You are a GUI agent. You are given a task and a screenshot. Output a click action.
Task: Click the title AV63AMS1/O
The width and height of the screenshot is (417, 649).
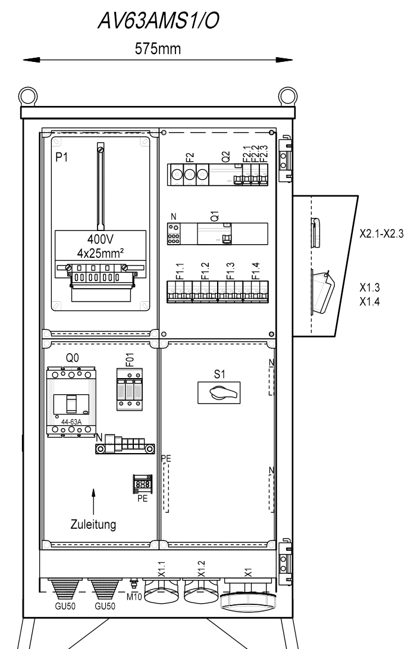pos(158,21)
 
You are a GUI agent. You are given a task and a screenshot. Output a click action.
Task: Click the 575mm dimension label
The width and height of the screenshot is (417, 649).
pos(158,49)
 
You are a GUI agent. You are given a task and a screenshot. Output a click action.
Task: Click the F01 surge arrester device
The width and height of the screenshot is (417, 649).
pos(130,389)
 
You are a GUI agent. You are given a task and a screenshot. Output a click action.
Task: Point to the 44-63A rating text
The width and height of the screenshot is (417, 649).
pos(71,422)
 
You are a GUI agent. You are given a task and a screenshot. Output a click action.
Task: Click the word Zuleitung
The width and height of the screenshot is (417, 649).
pos(93,525)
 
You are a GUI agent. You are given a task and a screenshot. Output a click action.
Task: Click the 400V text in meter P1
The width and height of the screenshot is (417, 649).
pos(100,239)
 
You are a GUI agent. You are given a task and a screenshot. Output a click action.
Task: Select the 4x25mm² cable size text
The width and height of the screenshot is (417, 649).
pos(101,253)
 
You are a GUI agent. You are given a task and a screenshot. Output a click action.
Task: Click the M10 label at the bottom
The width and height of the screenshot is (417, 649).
pos(134,597)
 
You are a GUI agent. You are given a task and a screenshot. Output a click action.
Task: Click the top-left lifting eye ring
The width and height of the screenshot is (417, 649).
pos(28,96)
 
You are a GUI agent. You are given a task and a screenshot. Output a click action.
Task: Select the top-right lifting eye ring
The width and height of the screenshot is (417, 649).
pos(287,96)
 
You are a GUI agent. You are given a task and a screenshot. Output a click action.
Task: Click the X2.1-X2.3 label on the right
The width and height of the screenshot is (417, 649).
pos(381,233)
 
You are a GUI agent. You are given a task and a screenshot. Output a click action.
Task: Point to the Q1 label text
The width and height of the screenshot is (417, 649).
pos(214,216)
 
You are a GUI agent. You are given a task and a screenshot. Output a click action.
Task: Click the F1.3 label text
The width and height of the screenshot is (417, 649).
pos(230,271)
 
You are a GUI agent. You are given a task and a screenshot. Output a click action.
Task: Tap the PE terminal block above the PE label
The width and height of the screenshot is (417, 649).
pos(142,484)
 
